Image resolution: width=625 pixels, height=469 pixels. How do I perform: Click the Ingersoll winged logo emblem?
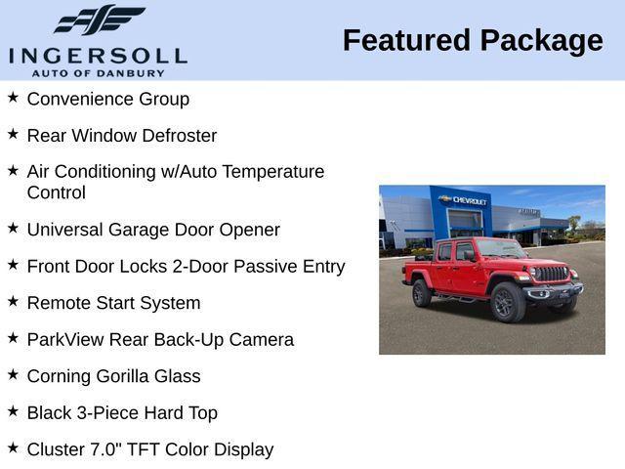99,20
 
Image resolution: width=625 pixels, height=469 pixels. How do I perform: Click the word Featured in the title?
404,40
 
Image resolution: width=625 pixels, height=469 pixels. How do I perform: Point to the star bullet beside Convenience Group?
13,98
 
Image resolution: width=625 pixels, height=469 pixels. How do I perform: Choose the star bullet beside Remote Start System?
13,302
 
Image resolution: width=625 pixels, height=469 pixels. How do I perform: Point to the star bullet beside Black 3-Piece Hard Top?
13,411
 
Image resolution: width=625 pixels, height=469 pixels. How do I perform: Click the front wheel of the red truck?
508,301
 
